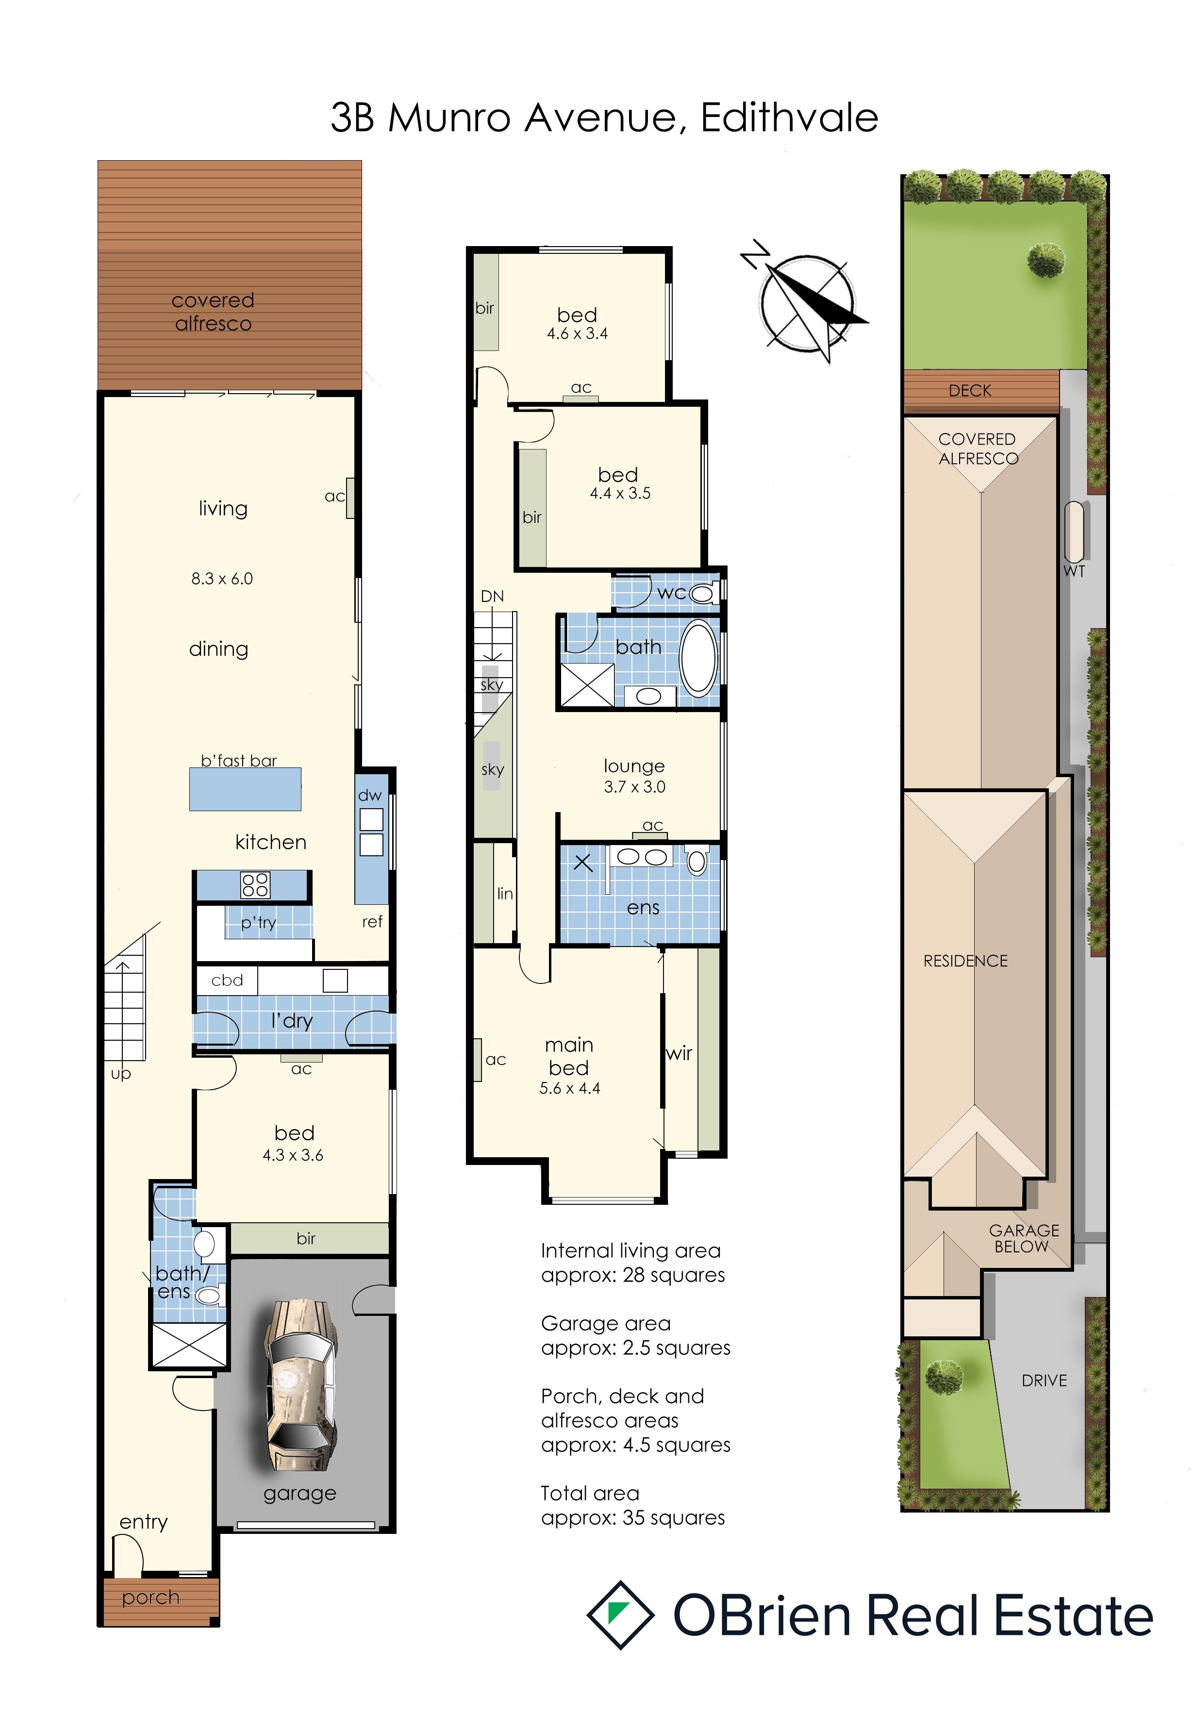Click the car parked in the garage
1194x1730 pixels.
pos(301,1385)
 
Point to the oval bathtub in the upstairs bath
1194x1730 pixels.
pos(699,659)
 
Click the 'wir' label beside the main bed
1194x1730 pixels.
pos(679,1053)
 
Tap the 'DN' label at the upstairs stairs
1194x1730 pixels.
pos(492,597)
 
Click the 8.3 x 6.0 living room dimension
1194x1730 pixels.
pos(222,579)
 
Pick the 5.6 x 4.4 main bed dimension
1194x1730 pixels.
pos(570,1089)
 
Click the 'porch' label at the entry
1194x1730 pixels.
pos(151,1597)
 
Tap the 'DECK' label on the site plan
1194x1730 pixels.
pos(970,391)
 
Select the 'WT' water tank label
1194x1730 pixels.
pos(1074,572)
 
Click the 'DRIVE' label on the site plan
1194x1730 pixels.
pos(1045,1381)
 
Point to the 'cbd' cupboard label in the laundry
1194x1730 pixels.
pos(228,980)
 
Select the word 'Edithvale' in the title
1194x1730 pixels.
pos(789,118)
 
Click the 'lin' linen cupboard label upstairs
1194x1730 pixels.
pos(505,894)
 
